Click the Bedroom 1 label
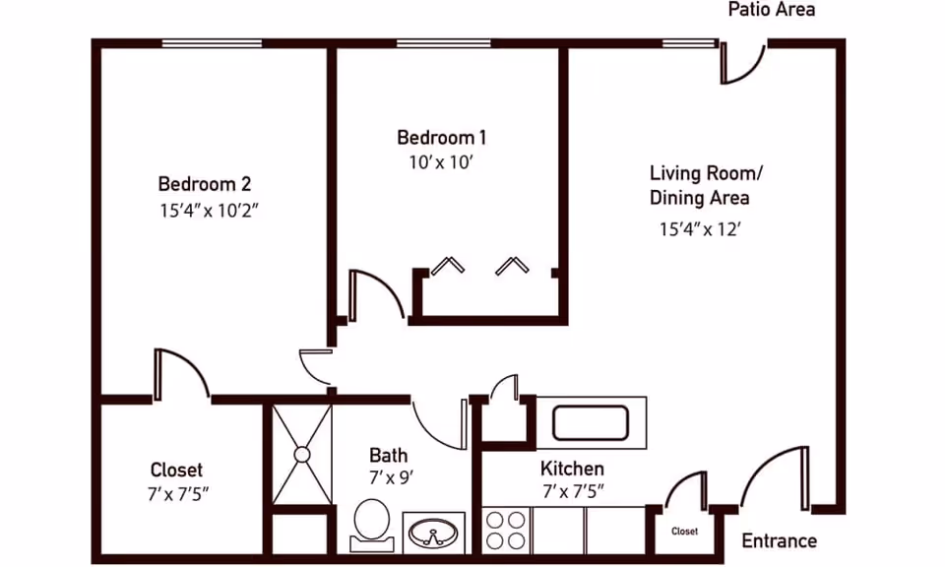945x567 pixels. coord(441,137)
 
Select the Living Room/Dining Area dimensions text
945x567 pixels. coord(699,229)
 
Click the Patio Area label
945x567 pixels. coord(771,10)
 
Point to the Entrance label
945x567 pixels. coord(779,540)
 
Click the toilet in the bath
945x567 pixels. coord(371,522)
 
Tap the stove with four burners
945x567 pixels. coord(506,530)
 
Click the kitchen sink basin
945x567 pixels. coord(590,421)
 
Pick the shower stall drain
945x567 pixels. coord(301,454)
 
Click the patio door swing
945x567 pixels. coord(742,63)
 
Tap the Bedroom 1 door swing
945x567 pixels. coord(376,294)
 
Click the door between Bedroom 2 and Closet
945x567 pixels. coord(180,374)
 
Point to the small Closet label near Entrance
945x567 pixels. coord(684,532)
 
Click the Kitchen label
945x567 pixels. coord(572,469)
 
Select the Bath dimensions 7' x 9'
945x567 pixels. coord(390,477)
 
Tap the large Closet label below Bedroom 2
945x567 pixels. coord(176,470)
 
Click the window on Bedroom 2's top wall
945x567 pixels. coord(212,43)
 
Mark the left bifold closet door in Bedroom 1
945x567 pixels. coord(447,266)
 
